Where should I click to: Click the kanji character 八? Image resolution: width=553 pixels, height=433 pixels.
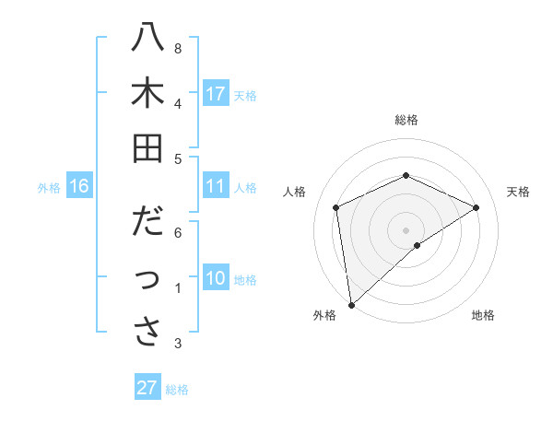[x=147, y=40]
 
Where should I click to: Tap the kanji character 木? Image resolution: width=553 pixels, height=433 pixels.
[x=147, y=95]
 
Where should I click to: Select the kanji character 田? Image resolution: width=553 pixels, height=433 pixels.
[x=147, y=149]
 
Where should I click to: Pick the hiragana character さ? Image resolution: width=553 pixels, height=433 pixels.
[x=147, y=333]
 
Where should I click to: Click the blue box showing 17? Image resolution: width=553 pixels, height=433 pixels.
[x=216, y=94]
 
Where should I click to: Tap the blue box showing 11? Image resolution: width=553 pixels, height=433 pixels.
[x=216, y=187]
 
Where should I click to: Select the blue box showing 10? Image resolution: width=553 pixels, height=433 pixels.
[x=216, y=279]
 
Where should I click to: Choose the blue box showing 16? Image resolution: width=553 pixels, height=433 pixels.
[x=79, y=187]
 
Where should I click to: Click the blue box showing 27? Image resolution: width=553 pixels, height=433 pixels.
[x=147, y=388]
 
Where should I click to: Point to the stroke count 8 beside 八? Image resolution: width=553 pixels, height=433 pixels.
[x=177, y=48]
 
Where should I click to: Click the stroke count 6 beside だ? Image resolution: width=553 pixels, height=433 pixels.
[x=177, y=232]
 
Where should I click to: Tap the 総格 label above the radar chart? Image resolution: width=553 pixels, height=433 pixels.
[x=406, y=120]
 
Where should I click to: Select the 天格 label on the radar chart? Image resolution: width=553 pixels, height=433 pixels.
[x=519, y=192]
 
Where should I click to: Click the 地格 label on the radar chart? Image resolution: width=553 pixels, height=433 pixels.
[x=483, y=315]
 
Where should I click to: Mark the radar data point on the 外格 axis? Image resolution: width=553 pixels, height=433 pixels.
[x=351, y=304]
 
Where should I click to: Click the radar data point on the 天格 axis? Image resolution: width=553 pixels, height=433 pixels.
[x=477, y=207]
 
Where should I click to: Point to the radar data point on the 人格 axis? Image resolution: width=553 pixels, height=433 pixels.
[x=336, y=207]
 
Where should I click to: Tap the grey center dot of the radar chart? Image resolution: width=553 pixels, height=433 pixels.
[x=406, y=229]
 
